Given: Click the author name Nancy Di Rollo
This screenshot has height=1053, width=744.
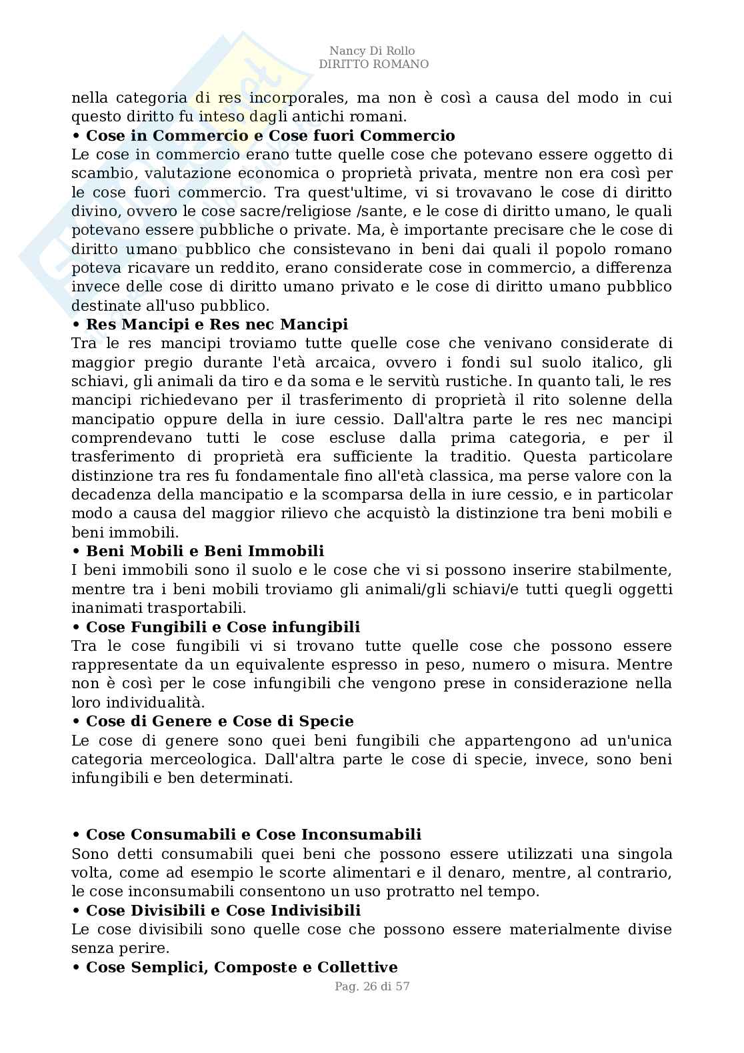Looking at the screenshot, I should [x=372, y=51].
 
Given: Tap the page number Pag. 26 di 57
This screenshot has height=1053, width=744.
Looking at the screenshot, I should [x=372, y=986].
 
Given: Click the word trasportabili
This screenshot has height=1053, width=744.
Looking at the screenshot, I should [x=189, y=608].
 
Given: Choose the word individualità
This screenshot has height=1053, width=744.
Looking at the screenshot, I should [x=147, y=703].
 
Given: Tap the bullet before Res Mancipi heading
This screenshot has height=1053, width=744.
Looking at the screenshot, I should [x=76, y=325].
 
